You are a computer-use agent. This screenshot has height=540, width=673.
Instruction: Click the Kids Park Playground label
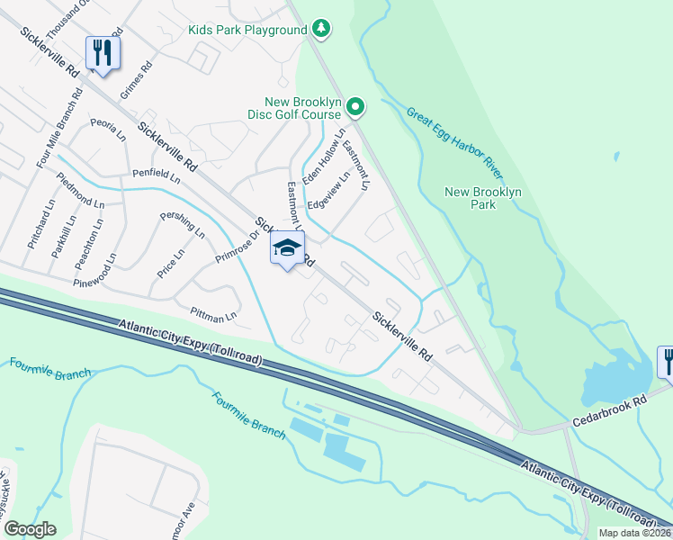coord(247,30)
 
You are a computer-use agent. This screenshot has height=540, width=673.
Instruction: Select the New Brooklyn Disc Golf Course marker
coord(355,109)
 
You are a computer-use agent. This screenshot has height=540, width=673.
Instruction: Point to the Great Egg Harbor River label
coord(453,140)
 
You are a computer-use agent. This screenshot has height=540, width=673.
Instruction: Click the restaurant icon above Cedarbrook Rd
coord(667,361)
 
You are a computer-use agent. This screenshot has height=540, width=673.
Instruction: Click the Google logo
coord(30,528)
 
